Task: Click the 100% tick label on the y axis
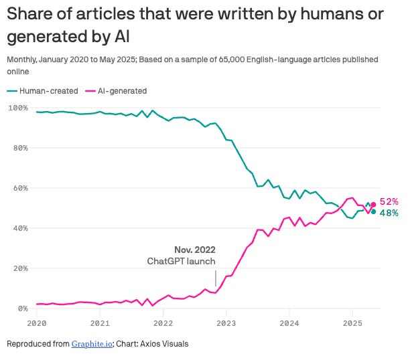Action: tap(17, 107)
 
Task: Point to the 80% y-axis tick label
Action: tap(18, 148)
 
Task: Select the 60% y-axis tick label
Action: tap(18, 188)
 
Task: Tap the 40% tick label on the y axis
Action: tap(18, 228)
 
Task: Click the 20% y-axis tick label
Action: tap(18, 268)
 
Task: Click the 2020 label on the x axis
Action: tap(36, 321)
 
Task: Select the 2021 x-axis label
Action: tap(100, 321)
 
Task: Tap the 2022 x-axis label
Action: tap(163, 321)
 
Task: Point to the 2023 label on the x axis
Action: tap(226, 321)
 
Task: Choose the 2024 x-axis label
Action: tap(289, 321)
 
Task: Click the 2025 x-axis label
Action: tap(352, 321)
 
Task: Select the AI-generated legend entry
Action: tap(118, 90)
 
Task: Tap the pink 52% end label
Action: tap(389, 201)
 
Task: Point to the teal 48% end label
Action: tap(389, 213)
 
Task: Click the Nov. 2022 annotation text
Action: tap(195, 250)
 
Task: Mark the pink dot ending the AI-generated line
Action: tap(374, 205)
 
